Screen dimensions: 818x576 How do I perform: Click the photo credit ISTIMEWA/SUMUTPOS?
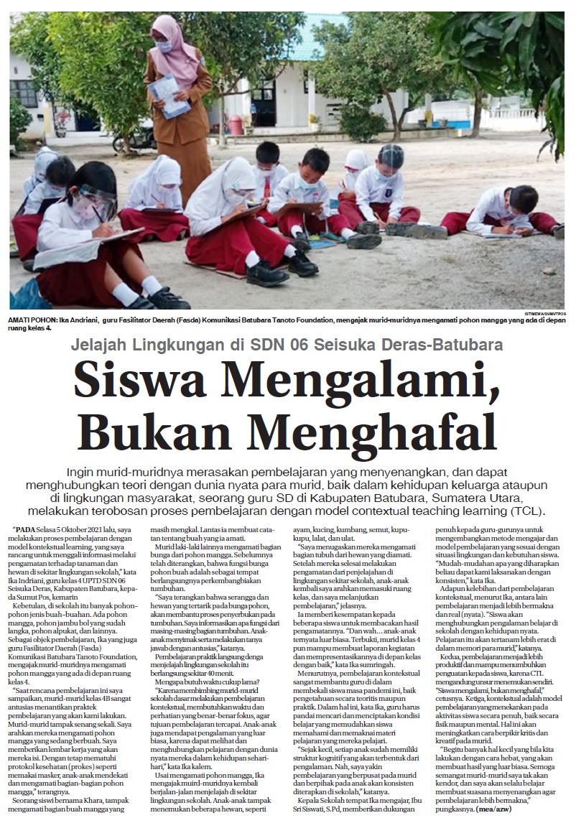point(545,314)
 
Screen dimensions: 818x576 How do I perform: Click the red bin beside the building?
point(236,124)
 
